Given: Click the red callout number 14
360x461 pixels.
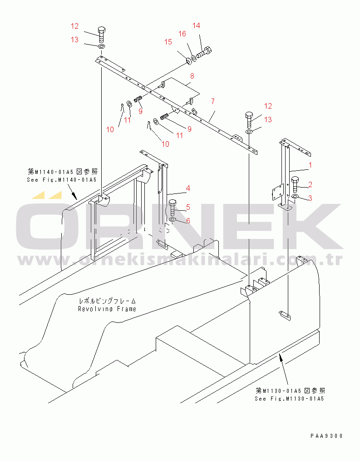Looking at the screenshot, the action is point(196,26).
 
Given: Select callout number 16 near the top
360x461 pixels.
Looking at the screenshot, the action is point(182,34).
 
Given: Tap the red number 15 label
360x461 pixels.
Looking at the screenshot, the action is point(168,42).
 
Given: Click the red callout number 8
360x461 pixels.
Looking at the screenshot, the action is point(192,76).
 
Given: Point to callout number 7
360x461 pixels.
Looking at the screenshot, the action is point(213,101).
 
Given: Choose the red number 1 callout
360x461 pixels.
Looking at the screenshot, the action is point(310,165).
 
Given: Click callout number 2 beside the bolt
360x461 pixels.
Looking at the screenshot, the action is point(310,185).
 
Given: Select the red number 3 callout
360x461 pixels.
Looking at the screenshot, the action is point(310,198).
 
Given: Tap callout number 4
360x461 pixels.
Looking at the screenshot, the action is point(188,188).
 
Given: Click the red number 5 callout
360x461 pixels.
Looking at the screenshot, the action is point(188,207).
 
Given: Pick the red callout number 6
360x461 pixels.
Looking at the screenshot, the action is point(188,221).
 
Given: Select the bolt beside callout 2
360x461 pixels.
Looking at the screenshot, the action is point(295,185).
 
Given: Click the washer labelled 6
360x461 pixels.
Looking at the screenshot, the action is point(173,220).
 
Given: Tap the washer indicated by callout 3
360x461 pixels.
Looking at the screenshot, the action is point(295,196).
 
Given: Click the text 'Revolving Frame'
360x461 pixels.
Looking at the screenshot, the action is point(107,309).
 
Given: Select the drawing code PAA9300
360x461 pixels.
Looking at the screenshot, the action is point(326,436).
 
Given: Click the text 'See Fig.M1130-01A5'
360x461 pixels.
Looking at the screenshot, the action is point(290,399).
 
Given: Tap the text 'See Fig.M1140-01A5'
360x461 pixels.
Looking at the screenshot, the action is point(62,180).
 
